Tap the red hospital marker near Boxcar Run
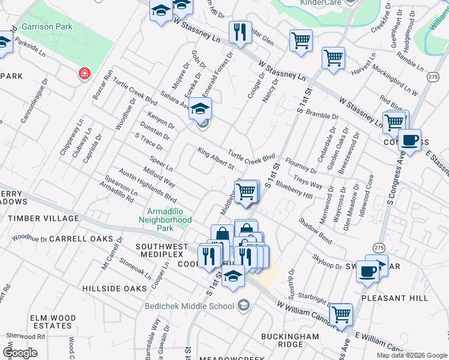click(85, 73)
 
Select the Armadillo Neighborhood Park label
click(169, 220)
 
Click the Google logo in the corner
click(20, 353)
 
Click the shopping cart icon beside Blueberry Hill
click(246, 192)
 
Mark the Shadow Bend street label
click(315, 230)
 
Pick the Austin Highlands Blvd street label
click(148, 184)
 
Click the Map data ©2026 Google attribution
click(411, 355)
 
